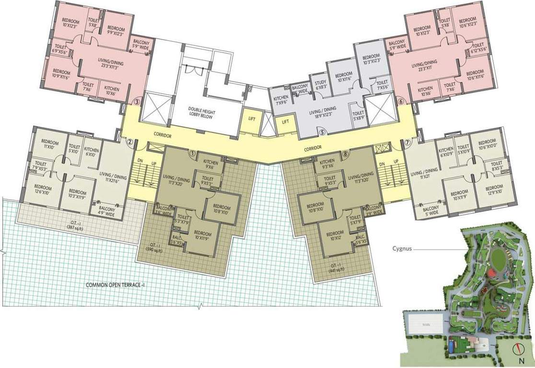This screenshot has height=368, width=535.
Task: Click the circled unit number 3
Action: click(137, 102)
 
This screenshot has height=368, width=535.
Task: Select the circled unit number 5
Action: click(322, 133)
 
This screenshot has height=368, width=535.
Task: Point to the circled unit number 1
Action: click(192, 154)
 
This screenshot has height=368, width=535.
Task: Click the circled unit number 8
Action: click(346, 154)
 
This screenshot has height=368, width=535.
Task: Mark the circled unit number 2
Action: click(129, 142)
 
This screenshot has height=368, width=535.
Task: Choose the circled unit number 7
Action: click(407, 142)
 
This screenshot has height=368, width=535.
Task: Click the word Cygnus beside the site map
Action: click(402, 249)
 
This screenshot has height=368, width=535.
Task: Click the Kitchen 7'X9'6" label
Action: click(280, 100)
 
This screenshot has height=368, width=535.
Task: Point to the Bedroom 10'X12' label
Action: click(335, 235)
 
